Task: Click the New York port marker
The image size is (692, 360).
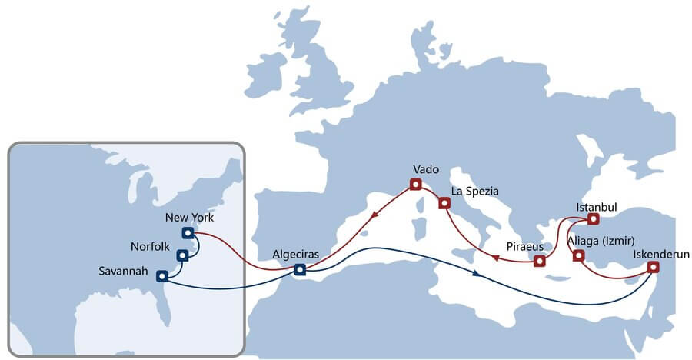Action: click(x=188, y=232)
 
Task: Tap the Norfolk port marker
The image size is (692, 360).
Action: click(x=182, y=255)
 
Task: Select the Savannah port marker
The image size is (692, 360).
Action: click(x=161, y=275)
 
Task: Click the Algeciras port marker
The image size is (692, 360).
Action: click(x=300, y=269)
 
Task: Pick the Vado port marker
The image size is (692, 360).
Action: click(x=416, y=184)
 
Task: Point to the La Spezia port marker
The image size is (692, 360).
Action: click(x=444, y=203)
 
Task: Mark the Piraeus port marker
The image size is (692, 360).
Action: click(x=540, y=261)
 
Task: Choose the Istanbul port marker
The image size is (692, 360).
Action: click(x=593, y=220)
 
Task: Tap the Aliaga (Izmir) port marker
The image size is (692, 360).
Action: click(x=578, y=255)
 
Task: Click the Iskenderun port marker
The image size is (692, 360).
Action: click(x=653, y=267)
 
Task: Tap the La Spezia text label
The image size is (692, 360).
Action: click(x=475, y=189)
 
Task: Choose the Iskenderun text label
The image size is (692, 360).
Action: click(x=660, y=253)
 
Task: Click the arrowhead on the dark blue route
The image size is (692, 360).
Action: click(x=478, y=273)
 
